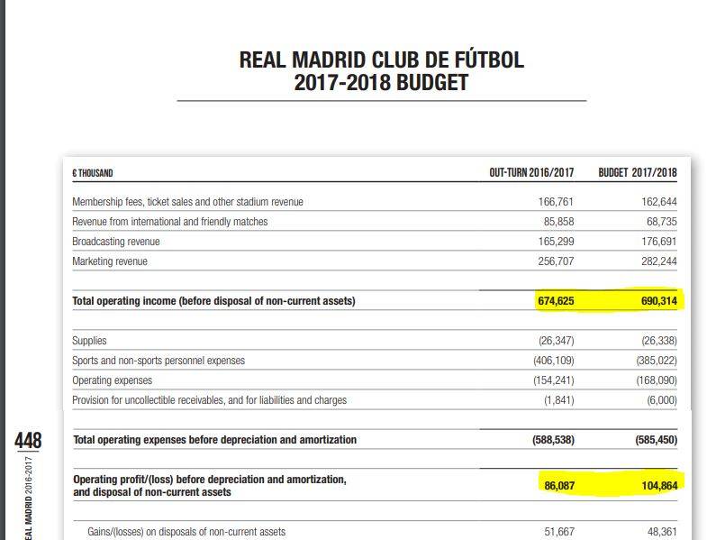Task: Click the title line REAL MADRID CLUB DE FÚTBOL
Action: pos(381,60)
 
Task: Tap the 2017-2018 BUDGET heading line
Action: pos(381,83)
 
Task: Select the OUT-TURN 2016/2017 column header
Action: pos(531,172)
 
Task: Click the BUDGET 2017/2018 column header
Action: pos(638,172)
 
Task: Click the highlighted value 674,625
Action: pos(556,301)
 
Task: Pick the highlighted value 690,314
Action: pos(658,301)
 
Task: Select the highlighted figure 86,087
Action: pos(558,486)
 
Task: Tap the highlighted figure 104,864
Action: pos(658,486)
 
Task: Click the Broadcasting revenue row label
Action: pos(115,242)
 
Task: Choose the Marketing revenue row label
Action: pos(110,261)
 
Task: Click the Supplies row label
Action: pos(89,341)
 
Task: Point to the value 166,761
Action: pos(556,202)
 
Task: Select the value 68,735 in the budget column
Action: pos(662,222)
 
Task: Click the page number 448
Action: pos(28,442)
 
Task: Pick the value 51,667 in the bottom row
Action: pos(558,532)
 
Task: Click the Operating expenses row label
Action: pos(112,380)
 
